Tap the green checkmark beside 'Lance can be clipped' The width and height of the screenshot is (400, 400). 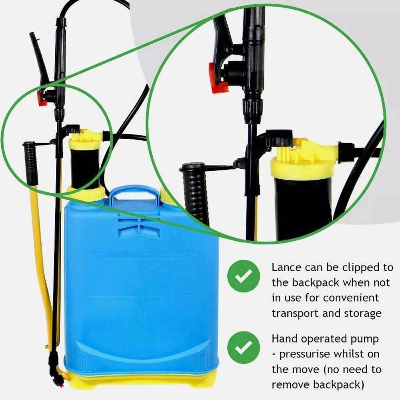(244, 276)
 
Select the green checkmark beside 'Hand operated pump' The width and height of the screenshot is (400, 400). (244, 348)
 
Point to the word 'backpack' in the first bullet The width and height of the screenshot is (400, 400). (316, 283)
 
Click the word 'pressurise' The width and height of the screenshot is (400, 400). (305, 354)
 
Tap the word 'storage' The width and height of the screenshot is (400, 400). (363, 314)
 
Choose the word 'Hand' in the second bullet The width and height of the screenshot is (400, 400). (285, 339)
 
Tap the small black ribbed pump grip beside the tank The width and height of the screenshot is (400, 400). (30, 163)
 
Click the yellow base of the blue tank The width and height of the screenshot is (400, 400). (142, 381)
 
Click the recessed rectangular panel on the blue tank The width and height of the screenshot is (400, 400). (143, 274)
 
